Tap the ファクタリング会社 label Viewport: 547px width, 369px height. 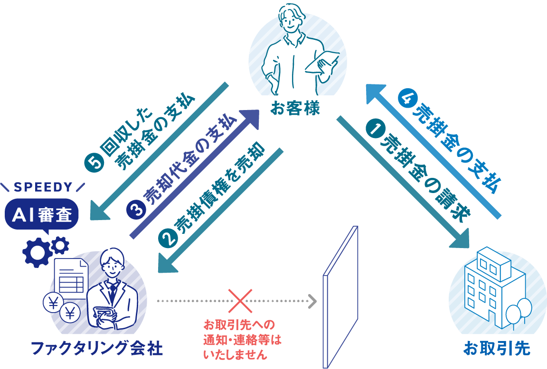click(x=97, y=349)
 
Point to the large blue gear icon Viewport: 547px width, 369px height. click(x=36, y=252)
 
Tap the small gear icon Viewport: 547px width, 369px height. click(x=60, y=245)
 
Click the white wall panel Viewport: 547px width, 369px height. click(x=340, y=296)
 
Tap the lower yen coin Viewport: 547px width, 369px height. click(x=71, y=313)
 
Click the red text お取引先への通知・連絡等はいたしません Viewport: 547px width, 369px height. click(x=240, y=339)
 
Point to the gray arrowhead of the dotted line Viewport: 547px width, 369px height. click(x=312, y=301)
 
